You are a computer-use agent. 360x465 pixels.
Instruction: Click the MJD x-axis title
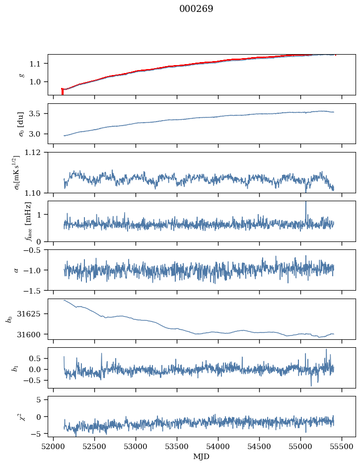pyautogui.click(x=201, y=457)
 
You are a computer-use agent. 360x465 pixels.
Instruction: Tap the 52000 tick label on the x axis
pyautogui.click(x=54, y=447)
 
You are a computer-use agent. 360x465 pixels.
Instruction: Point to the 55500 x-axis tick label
pyautogui.click(x=343, y=447)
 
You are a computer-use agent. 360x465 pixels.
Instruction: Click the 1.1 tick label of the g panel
pyautogui.click(x=38, y=64)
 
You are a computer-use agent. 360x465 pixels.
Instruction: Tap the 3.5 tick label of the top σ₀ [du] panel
pyautogui.click(x=38, y=114)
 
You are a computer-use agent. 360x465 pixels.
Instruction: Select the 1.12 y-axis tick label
pyautogui.click(x=35, y=153)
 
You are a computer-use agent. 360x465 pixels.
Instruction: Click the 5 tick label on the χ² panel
pyautogui.click(x=42, y=399)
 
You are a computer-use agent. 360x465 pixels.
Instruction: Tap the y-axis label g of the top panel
pyautogui.click(x=21, y=75)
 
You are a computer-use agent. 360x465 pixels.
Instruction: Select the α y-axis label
pyautogui.click(x=16, y=270)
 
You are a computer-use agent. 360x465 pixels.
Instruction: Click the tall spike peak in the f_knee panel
pyautogui.click(x=306, y=202)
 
